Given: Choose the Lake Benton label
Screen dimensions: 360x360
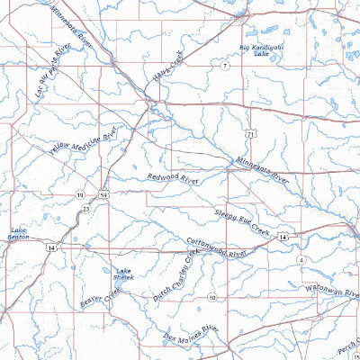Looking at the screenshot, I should point(18,233).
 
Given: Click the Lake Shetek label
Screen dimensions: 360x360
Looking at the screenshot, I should point(124,274).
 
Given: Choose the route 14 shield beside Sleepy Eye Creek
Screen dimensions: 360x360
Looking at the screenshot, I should point(283,235).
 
